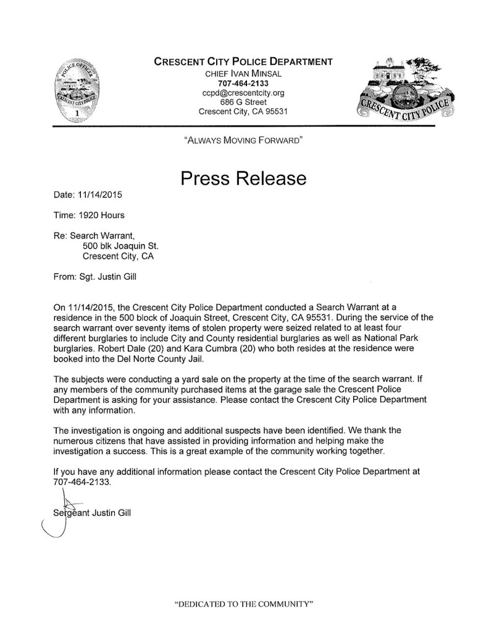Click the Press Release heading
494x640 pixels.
point(243,179)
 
